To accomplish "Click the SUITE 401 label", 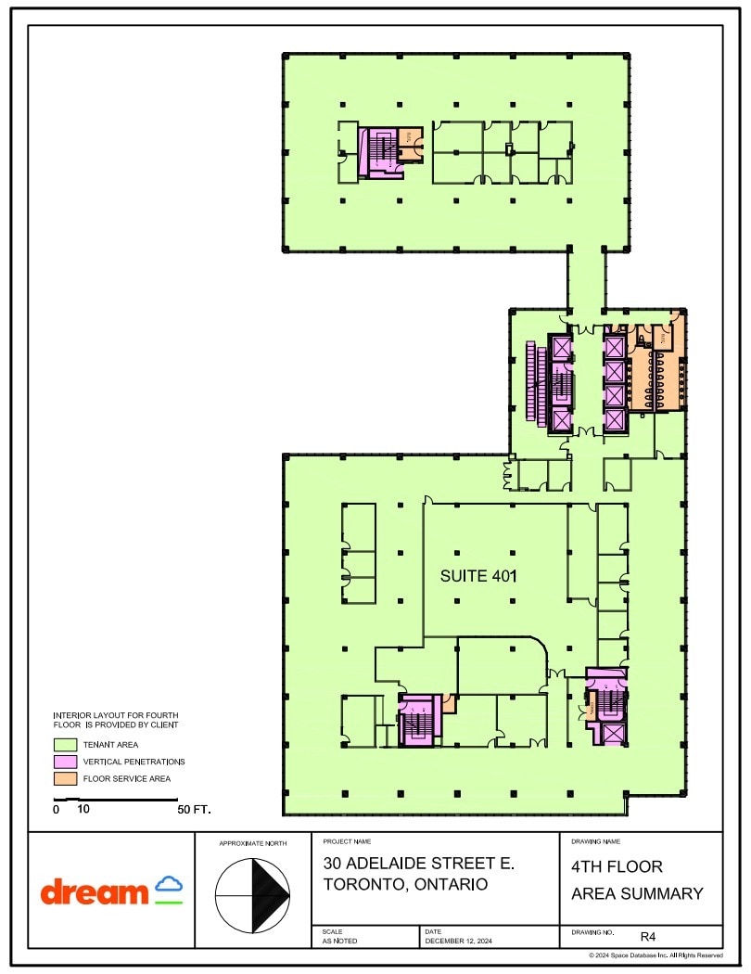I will pos(477,576).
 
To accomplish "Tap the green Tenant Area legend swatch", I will pos(65,744).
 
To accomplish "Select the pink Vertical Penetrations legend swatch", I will pos(65,762).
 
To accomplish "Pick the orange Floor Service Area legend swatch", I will pos(65,778).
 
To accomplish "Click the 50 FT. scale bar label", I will pos(195,810).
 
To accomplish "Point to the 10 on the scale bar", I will pos(83,810).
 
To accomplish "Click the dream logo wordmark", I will pos(94,893).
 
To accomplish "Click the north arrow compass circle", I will pos(252,894).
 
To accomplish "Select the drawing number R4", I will pos(648,937).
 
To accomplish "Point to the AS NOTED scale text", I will pos(338,941).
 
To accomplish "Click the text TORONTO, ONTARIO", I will pos(405,884).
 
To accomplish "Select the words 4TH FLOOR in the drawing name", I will pos(617,867).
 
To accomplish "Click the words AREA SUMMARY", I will pos(637,894).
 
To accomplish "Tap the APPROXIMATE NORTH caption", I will pos(252,843).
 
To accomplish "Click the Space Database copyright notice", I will pos(656,955).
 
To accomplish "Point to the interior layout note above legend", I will pos(116,720).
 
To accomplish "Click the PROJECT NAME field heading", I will pos(347,841).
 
